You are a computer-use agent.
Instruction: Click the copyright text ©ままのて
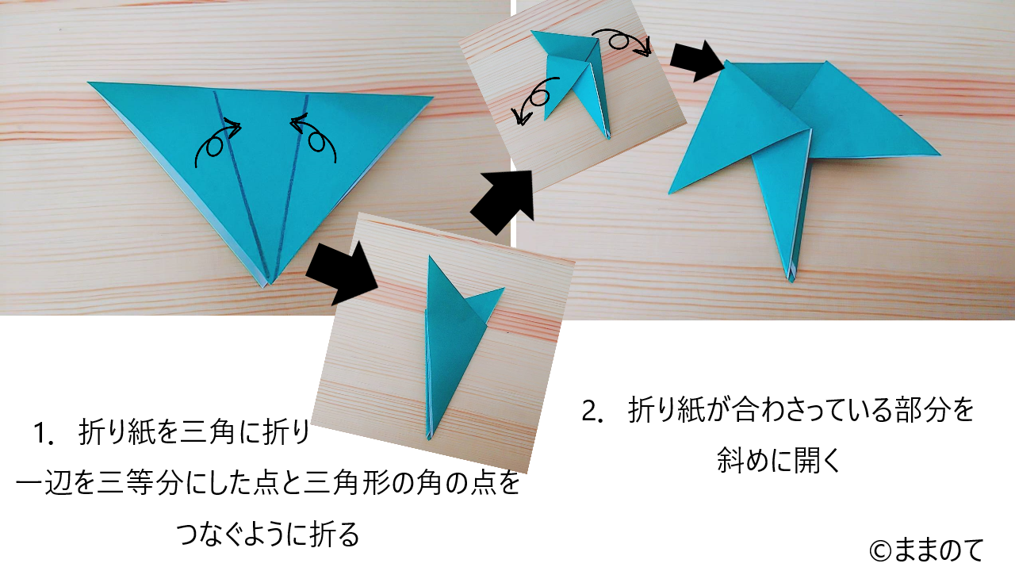(926, 550)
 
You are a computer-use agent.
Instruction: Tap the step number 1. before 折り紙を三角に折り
(46, 433)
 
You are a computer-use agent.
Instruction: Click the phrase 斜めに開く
(779, 461)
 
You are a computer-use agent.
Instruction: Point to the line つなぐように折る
(267, 534)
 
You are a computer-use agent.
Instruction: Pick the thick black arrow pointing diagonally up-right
(503, 202)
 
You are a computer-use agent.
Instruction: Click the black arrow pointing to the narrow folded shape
(342, 274)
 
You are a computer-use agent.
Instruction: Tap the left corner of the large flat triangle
(89, 82)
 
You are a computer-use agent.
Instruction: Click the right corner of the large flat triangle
(432, 97)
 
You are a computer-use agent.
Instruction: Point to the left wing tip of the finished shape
(670, 193)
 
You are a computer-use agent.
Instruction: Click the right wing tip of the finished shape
(939, 155)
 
